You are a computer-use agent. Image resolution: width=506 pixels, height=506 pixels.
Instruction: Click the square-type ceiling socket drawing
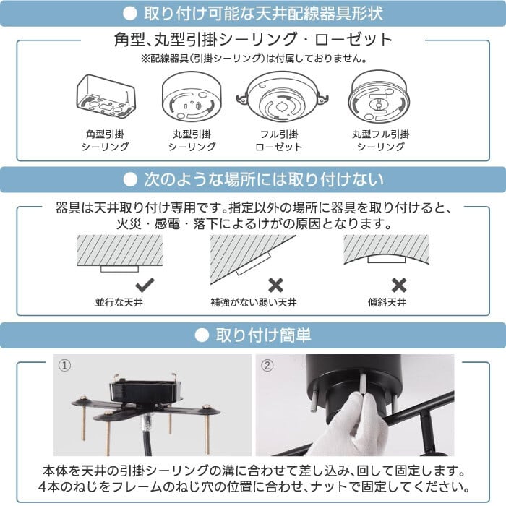(106, 96)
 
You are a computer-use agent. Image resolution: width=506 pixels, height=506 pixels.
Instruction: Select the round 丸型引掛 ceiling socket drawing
(192, 96)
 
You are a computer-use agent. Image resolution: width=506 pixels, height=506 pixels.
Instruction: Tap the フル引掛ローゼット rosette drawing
(282, 96)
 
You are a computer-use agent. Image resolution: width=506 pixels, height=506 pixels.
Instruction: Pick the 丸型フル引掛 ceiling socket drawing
(379, 96)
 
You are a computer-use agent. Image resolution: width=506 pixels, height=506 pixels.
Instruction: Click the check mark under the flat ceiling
(145, 285)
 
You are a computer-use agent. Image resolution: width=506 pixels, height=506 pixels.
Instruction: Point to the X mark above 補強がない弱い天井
(275, 285)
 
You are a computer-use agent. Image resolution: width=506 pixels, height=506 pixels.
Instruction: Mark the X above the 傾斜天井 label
(399, 285)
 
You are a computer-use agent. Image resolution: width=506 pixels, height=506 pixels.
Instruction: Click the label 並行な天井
(119, 303)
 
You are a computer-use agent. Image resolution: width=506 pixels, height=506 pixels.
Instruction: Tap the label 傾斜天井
(387, 303)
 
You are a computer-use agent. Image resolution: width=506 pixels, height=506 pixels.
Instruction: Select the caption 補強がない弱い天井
(254, 303)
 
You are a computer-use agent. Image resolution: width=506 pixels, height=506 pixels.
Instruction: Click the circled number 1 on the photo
(64, 366)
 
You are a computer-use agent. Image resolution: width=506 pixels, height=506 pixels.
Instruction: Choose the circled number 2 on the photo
(267, 366)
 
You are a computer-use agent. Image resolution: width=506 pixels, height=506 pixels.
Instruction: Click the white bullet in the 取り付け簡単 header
(202, 335)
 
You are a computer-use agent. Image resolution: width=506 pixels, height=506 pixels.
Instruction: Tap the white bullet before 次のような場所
(130, 180)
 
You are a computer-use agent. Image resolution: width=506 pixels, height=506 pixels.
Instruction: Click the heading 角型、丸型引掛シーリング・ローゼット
(253, 40)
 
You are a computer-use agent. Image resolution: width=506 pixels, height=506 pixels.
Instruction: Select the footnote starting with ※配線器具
(254, 59)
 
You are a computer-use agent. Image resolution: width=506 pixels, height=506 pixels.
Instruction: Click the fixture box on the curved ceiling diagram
(387, 259)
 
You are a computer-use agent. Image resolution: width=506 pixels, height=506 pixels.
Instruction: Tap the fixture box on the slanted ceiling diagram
(253, 264)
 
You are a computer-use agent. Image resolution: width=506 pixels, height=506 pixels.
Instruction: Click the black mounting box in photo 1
(146, 392)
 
